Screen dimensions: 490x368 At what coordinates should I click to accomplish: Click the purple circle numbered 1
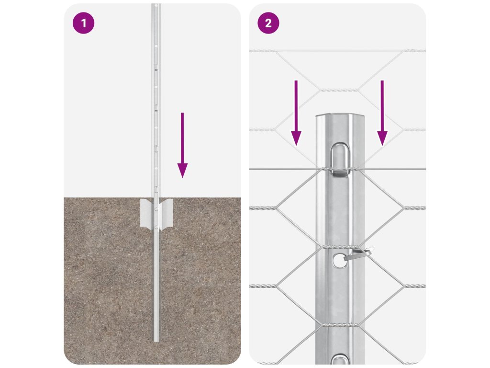pos(83,23)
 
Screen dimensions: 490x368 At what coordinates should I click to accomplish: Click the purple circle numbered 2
pos(268,23)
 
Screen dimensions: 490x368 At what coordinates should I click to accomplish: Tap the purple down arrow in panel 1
pos(182,145)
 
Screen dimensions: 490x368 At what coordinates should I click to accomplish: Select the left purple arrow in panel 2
pos(296,113)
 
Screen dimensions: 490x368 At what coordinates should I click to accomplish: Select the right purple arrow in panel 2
pos(382,113)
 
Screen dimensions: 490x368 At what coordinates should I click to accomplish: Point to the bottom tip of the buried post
pos(156,341)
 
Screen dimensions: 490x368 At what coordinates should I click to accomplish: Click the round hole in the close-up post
pos(339,260)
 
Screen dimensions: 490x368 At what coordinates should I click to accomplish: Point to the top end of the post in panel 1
pos(156,5)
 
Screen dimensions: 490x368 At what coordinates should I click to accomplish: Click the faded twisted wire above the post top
pos(339,90)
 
